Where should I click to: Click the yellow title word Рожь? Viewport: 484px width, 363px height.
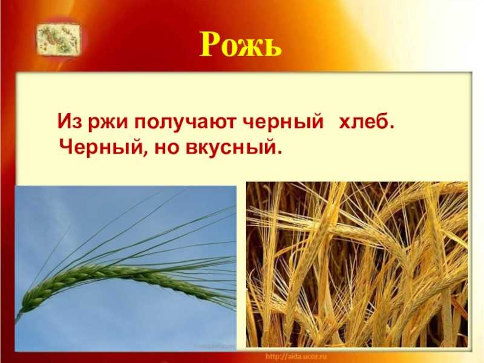pyautogui.click(x=240, y=44)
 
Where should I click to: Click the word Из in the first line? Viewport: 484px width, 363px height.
pyautogui.click(x=70, y=122)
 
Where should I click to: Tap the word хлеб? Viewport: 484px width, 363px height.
pyautogui.click(x=364, y=122)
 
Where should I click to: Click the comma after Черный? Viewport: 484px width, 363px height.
pyautogui.click(x=143, y=154)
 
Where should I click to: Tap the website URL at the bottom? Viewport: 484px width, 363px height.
pyautogui.click(x=296, y=356)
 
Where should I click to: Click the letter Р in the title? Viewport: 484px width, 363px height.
pyautogui.click(x=212, y=44)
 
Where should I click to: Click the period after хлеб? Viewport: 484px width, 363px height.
pyautogui.click(x=391, y=127)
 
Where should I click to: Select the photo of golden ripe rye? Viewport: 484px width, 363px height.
pyautogui.click(x=357, y=264)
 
